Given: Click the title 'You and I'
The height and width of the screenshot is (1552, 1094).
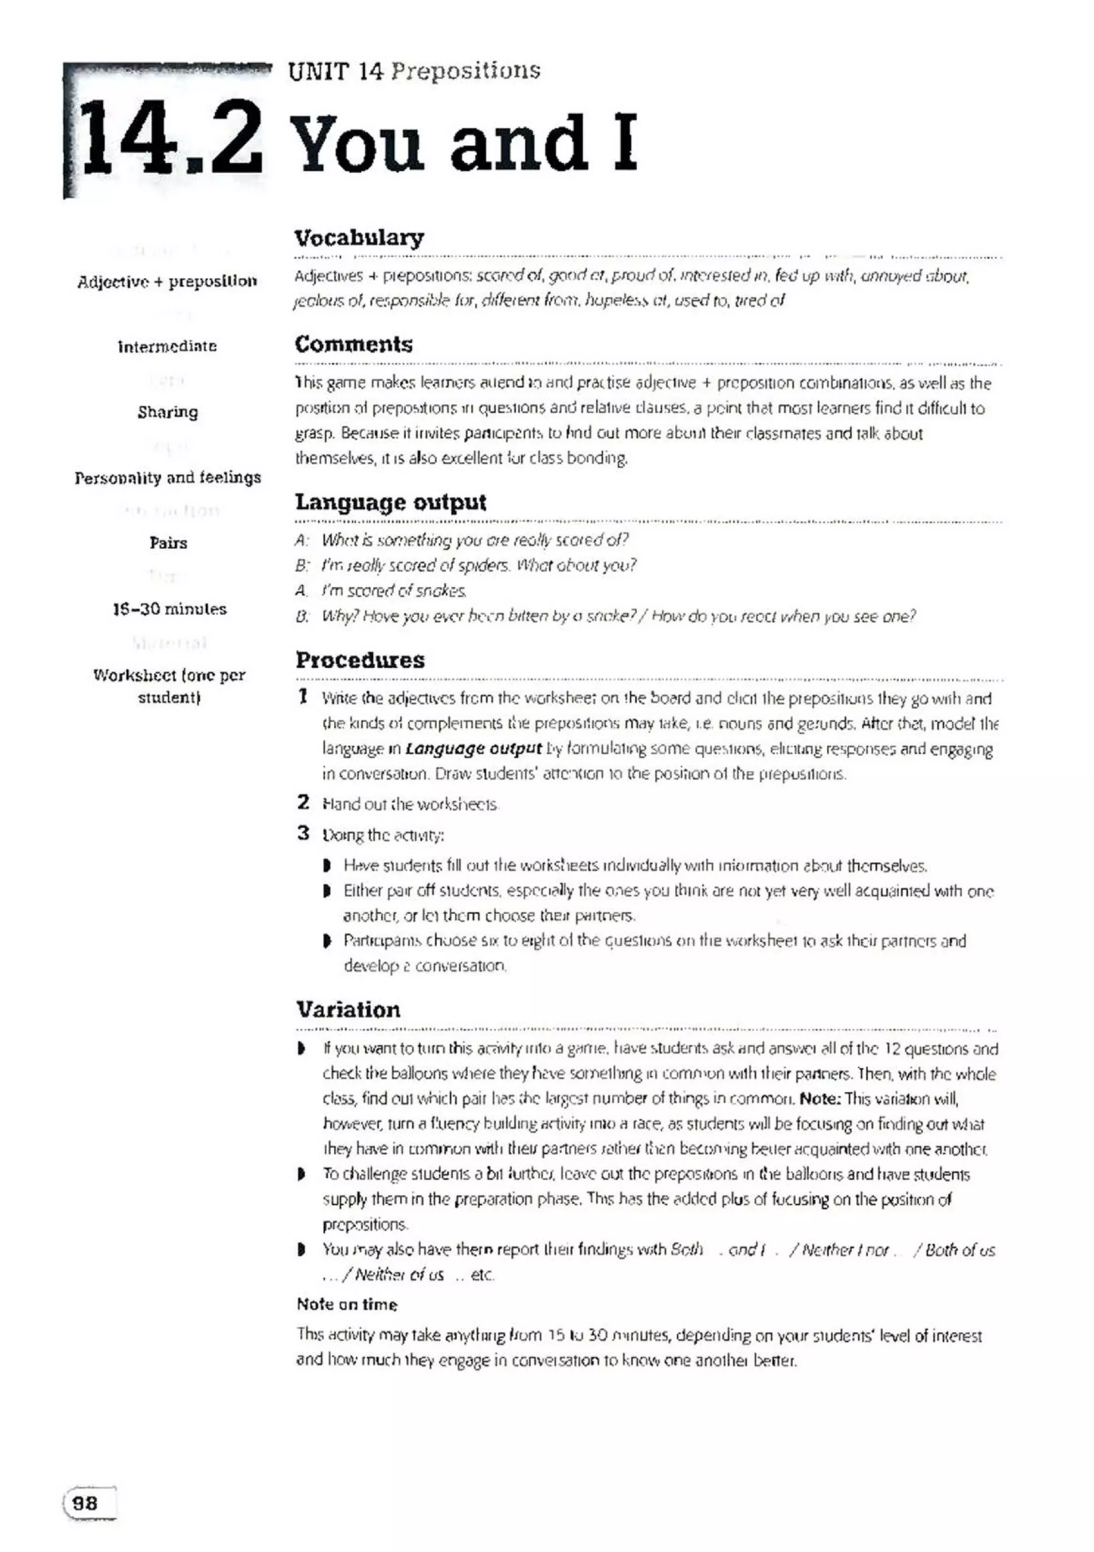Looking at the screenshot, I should point(466,143).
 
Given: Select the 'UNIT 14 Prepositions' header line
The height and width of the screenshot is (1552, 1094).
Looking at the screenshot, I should point(414,71).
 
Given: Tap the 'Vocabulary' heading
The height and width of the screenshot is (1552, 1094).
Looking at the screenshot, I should point(359,238).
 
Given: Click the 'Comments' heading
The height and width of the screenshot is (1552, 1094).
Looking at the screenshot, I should point(353,345).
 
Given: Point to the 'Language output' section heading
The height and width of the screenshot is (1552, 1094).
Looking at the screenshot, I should point(390,502).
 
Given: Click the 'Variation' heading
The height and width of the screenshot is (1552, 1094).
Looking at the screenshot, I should point(348,1010).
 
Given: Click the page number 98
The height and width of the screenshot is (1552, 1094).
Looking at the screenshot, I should point(85,1503).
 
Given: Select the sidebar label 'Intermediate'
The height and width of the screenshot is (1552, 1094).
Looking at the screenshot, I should point(167,347).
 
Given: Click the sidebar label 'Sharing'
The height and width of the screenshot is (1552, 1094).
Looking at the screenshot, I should point(168,412).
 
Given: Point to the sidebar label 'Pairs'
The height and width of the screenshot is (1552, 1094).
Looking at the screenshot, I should point(168,543).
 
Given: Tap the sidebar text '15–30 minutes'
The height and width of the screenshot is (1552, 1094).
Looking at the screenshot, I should point(169,609).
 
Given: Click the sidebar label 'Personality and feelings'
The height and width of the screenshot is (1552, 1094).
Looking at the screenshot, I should point(168,478).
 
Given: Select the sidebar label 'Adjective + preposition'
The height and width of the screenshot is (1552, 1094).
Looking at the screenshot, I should point(167,281).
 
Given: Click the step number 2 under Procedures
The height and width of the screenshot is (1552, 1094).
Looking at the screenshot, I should point(303,802).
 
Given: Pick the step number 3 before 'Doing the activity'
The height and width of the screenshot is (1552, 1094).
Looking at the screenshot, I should point(303,833).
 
